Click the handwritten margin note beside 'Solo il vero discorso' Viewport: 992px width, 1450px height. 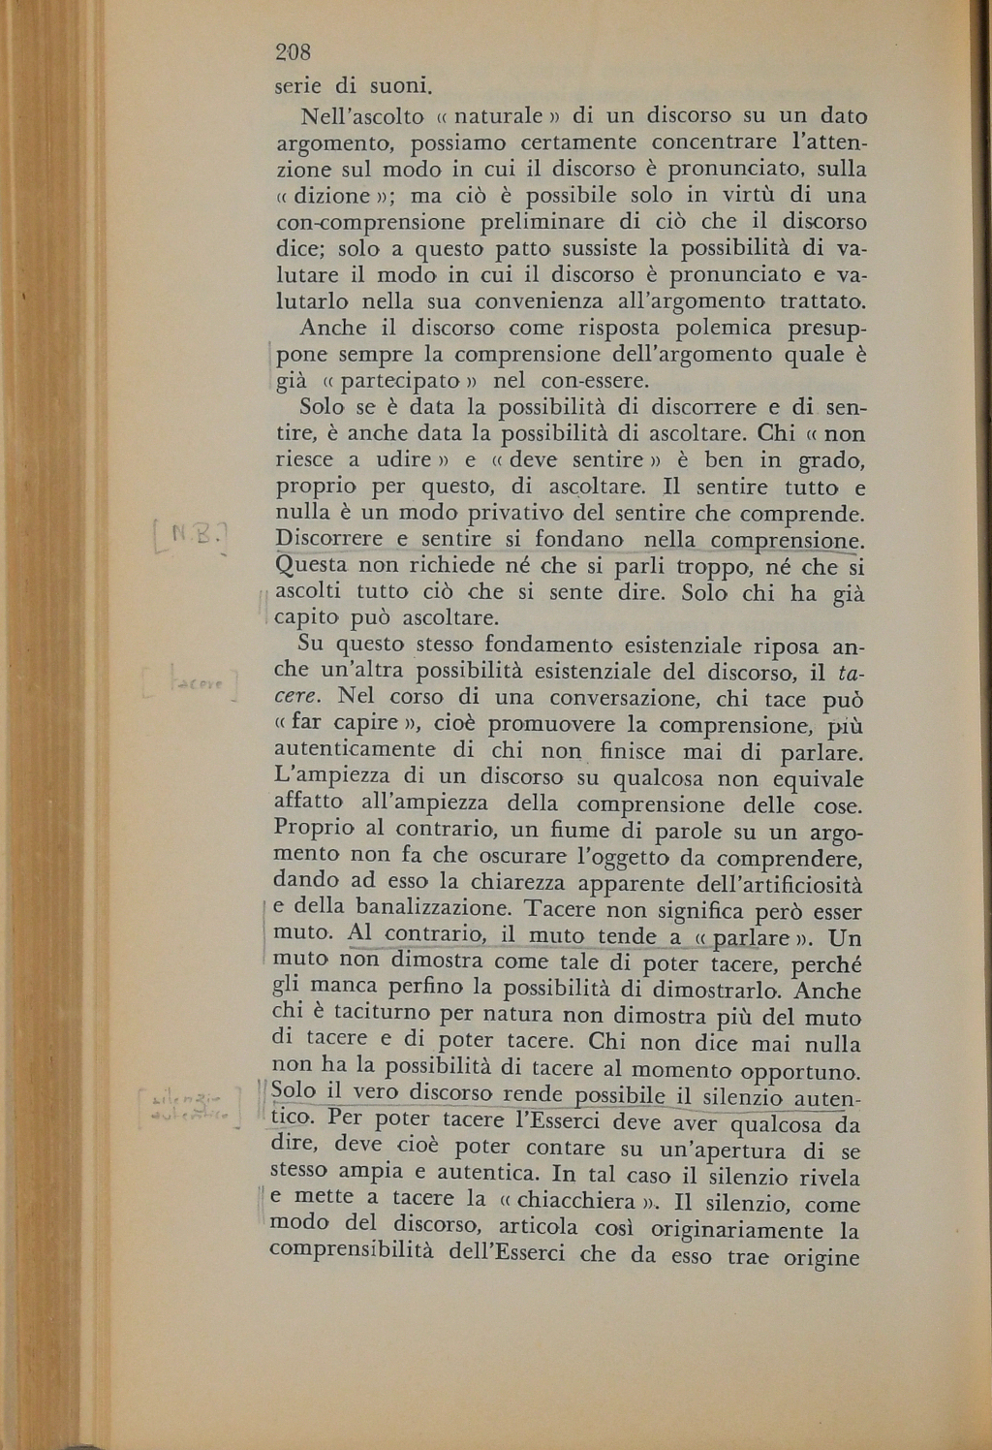point(190,1105)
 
